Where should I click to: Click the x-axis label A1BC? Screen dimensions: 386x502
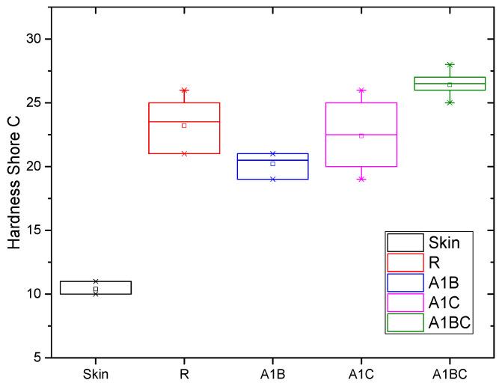coord(449,371)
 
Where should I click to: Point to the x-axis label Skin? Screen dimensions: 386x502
coord(96,371)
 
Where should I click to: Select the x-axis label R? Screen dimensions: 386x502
coord(184,371)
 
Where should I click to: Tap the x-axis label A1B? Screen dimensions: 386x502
coord(272,371)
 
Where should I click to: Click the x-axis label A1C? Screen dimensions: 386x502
coord(361,371)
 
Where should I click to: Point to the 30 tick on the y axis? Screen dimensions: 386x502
coord(34,39)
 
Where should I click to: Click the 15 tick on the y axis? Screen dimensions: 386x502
coord(34,230)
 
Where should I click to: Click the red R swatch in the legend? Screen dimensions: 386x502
coord(405,262)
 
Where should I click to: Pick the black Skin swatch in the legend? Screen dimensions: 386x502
coord(405,242)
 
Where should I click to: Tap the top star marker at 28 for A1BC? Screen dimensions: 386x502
coord(449,65)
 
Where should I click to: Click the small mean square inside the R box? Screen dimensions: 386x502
coord(184,126)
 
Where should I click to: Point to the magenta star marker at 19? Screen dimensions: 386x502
coord(361,179)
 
